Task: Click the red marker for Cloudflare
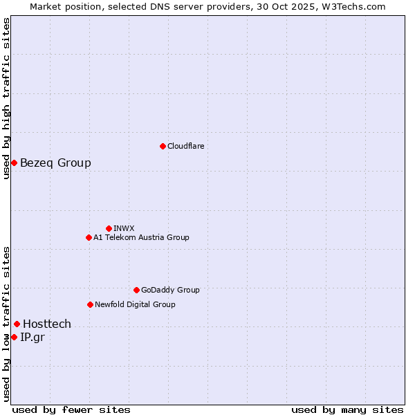click(x=163, y=146)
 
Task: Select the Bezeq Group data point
click(x=14, y=163)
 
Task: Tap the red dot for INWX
click(x=109, y=228)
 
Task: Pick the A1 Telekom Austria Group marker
click(x=89, y=237)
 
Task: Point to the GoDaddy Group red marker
click(x=136, y=290)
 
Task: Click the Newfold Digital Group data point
click(x=90, y=304)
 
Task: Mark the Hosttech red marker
click(x=17, y=324)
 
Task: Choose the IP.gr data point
click(x=14, y=337)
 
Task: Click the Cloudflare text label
click(x=185, y=146)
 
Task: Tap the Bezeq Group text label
click(x=55, y=163)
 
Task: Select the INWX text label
click(x=124, y=228)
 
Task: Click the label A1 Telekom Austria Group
click(x=141, y=237)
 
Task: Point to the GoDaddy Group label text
click(x=170, y=290)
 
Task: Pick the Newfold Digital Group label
click(x=135, y=304)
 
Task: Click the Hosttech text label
click(x=47, y=324)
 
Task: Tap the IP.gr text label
click(x=33, y=337)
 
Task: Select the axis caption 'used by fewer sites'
click(x=71, y=409)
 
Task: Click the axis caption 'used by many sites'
click(x=347, y=409)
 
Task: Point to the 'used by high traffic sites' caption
click(x=6, y=98)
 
